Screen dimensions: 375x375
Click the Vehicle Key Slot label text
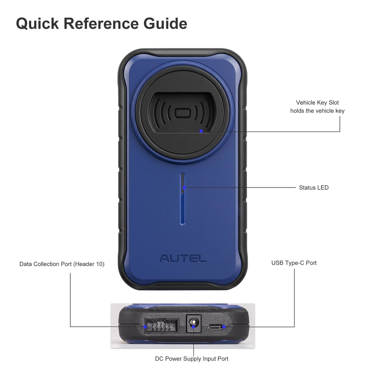tap(317, 103)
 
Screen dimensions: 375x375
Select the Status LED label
tap(313, 188)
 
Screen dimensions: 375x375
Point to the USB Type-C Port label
tap(294, 263)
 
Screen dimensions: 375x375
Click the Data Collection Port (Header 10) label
tap(62, 264)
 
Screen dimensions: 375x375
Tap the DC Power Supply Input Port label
tap(192, 359)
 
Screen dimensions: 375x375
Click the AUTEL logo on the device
tap(183, 259)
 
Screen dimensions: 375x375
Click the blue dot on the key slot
tap(201, 131)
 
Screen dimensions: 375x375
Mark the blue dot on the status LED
tap(185, 187)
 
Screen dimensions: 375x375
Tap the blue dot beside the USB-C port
tap(224, 326)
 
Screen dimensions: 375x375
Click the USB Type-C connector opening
tap(215, 326)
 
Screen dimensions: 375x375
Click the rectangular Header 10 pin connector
tap(161, 325)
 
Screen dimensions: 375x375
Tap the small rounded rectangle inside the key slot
tap(182, 113)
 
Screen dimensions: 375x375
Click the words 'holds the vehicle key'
tap(317, 111)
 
